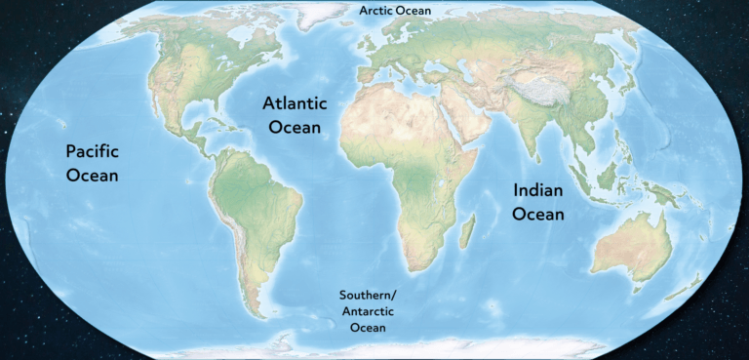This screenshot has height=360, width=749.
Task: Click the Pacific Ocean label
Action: tap(92, 163)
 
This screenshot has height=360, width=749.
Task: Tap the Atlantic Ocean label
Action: tap(295, 114)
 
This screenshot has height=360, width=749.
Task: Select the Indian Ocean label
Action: tap(538, 201)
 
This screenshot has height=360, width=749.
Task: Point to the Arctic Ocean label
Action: tap(395, 11)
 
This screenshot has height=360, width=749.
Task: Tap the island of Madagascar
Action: tap(466, 232)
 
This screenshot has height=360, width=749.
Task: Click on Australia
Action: tap(628, 249)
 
